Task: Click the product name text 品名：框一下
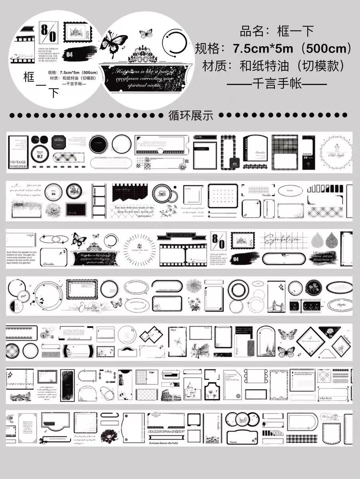coord(277,31)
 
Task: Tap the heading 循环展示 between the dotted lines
coord(191,116)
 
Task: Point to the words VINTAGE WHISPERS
coord(18,165)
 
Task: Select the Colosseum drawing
coord(172,396)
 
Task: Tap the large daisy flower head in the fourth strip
coord(194,286)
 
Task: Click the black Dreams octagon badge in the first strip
coord(59,141)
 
